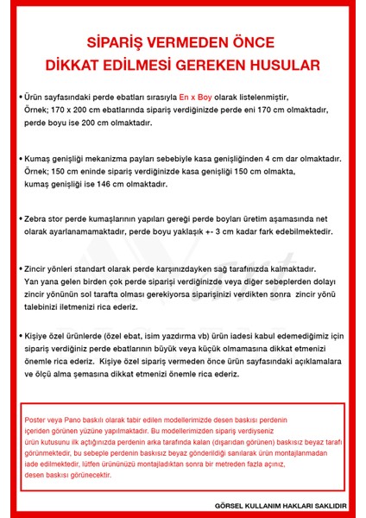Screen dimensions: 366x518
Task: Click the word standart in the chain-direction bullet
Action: (x=97, y=269)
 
